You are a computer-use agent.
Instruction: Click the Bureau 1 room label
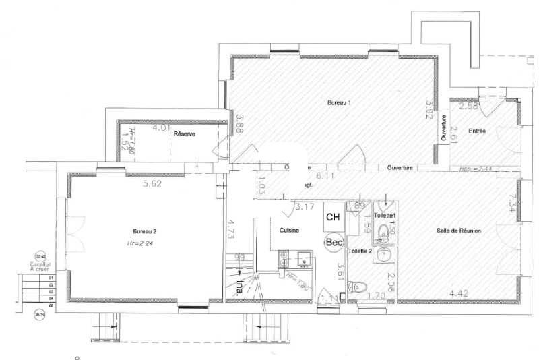[340, 103]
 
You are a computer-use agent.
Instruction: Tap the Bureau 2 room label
[144, 231]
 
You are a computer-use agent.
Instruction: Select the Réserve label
[184, 134]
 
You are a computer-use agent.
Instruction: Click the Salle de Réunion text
[459, 231]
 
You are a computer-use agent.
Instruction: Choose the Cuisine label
[289, 230]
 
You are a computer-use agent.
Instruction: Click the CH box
[333, 216]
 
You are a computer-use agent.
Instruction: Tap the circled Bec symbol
[334, 241]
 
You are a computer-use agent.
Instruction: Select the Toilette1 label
[385, 215]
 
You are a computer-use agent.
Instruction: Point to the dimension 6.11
[325, 175]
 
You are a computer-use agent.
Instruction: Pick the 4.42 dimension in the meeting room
[458, 293]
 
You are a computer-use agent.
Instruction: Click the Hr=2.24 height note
[140, 243]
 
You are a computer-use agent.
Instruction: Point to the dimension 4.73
[230, 231]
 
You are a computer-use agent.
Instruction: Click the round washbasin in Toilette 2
[383, 255]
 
